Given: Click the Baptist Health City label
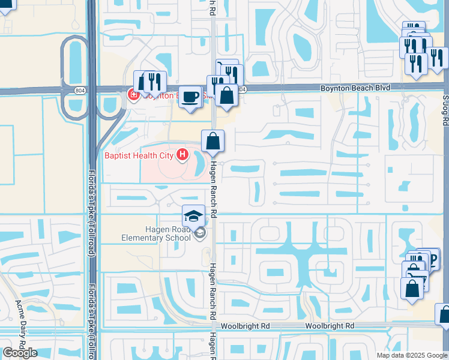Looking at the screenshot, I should tap(139, 156).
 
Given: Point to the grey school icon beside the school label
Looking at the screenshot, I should tap(200, 234).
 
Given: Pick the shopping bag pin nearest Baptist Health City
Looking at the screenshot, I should tap(212, 141).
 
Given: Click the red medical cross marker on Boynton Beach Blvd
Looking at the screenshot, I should tap(133, 95).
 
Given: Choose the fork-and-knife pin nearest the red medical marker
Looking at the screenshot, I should tap(155, 81).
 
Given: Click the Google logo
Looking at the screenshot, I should tap(19, 353).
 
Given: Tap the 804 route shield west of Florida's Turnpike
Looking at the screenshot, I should tap(80, 89).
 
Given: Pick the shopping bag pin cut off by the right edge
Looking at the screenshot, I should tap(444, 314).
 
